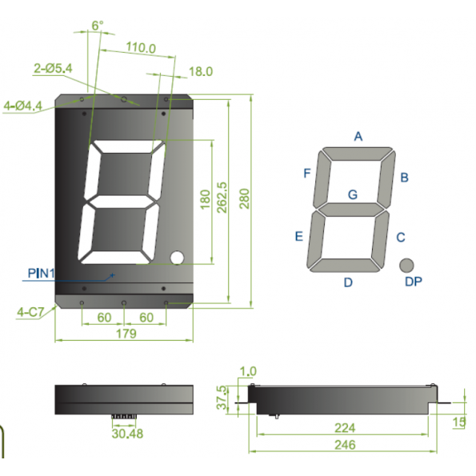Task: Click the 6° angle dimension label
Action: pos(98,26)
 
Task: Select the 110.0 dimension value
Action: pos(141,48)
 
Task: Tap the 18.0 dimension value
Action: pos(201,72)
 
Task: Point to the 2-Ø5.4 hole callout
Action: pos(53,68)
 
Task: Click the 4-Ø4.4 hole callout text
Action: pos(22,106)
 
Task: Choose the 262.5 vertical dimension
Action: pos(222,198)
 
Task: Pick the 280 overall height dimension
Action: pos(244,198)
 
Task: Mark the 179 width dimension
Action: pos(126,334)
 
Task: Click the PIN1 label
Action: pos(41,274)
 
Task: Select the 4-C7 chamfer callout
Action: pos(30,312)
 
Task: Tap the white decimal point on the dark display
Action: pos(177,258)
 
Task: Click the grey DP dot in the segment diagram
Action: pos(406,266)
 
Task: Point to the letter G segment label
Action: pos(353,194)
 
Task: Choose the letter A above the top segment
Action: pos(358,136)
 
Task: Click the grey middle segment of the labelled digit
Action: pos(351,210)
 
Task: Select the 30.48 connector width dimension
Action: pos(127,434)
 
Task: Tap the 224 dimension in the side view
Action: pos(345,428)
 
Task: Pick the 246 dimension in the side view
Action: pos(345,445)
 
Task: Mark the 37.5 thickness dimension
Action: pos(222,398)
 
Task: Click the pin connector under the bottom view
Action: pos(123,416)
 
